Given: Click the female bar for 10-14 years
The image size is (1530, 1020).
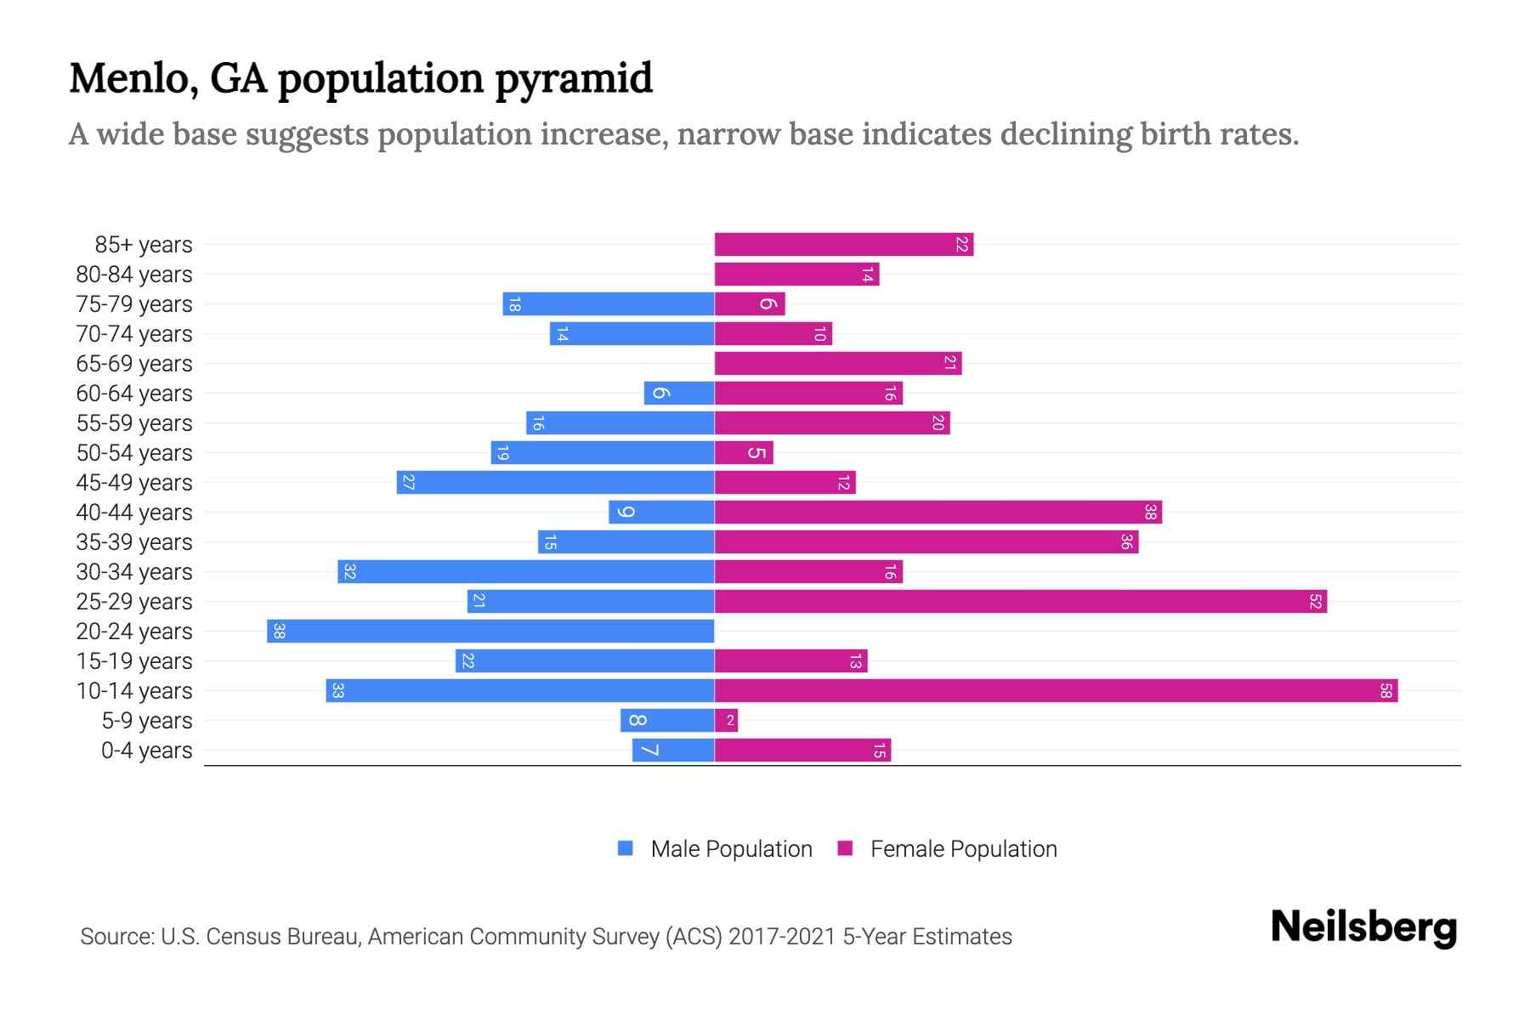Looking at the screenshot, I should pyautogui.click(x=1056, y=691).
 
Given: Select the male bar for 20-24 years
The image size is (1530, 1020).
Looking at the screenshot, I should pyautogui.click(x=490, y=632).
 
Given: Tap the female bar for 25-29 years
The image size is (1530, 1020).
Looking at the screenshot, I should pyautogui.click(x=1020, y=602).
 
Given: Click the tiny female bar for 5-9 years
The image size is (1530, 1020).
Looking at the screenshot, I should pyautogui.click(x=726, y=721).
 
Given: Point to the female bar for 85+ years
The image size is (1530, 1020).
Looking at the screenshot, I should pyautogui.click(x=843, y=245).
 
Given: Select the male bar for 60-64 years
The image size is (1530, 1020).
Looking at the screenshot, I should pyautogui.click(x=679, y=394).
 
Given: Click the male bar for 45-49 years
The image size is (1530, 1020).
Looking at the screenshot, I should pyautogui.click(x=555, y=483).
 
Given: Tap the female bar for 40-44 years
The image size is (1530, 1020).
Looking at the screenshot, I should pyautogui.click(x=938, y=513).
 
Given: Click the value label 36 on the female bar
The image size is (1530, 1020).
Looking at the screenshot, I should pyautogui.click(x=1126, y=542).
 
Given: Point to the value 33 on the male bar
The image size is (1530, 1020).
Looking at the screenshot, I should pyautogui.click(x=337, y=691).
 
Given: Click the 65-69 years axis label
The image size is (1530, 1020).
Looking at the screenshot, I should pyautogui.click(x=134, y=364).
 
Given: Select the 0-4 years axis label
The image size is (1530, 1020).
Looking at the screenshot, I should pyautogui.click(x=146, y=751).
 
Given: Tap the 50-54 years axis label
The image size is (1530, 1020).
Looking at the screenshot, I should pyautogui.click(x=134, y=453).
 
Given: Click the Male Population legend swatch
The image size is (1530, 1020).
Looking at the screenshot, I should pyautogui.click(x=626, y=848).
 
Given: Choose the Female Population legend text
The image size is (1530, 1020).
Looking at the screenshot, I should pyautogui.click(x=963, y=849).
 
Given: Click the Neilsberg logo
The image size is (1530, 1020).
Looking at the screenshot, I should pyautogui.click(x=1363, y=927).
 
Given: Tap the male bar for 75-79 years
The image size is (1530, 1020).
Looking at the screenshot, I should pyautogui.click(x=608, y=304).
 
